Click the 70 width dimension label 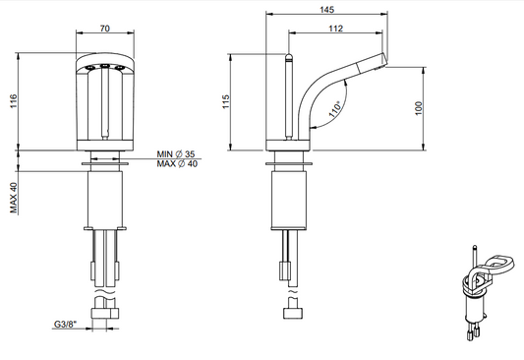[104, 29]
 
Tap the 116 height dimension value [13, 101]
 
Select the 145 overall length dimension [326, 10]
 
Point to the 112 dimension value [335, 29]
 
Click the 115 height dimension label [226, 101]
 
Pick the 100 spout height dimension [419, 108]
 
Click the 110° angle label [335, 109]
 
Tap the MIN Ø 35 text [176, 154]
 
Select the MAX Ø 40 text [177, 164]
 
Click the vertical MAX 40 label [14, 198]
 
